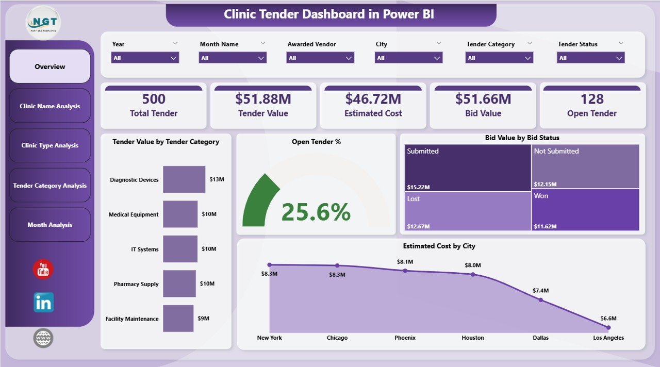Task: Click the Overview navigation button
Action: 50,66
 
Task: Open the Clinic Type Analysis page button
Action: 50,145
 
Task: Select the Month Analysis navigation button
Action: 50,225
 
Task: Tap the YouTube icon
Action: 43,270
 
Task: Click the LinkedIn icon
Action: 43,303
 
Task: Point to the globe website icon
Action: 43,338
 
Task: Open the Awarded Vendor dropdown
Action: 320,58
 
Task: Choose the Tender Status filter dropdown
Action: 590,58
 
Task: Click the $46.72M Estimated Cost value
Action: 373,99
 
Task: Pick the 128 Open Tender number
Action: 592,99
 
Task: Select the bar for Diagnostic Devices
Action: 184,179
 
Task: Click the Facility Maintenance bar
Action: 178,319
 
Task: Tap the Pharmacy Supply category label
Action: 136,284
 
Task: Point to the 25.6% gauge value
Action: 316,212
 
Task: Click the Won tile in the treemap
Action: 585,210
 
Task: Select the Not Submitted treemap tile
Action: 585,166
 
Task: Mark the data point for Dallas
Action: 540,299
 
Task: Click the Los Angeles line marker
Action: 608,327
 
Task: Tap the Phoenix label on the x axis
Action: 405,338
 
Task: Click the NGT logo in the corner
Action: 43,22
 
